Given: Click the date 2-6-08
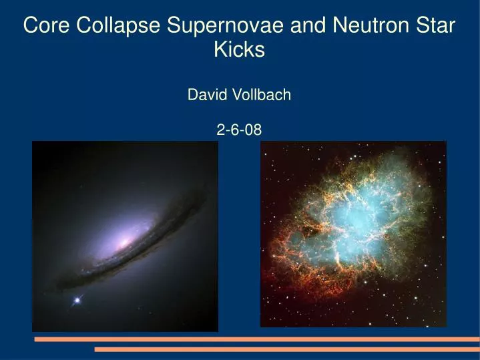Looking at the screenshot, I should click(240, 131).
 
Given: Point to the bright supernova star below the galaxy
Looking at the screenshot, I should click(77, 301).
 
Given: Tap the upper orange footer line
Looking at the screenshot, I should click(256, 339).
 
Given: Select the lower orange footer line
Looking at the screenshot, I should click(286, 349).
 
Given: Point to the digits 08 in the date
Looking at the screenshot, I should click(254, 131).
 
